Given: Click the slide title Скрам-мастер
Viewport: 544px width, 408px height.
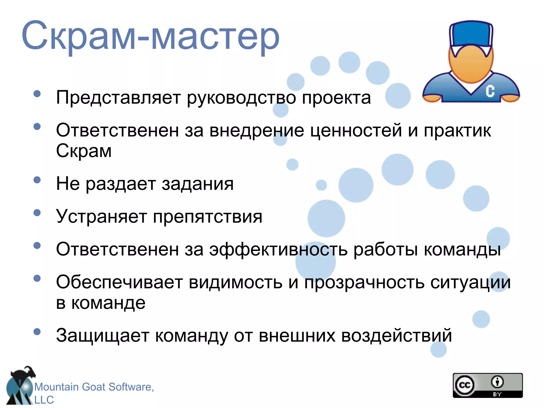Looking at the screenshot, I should (150, 36).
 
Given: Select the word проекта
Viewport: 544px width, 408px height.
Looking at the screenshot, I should (336, 98).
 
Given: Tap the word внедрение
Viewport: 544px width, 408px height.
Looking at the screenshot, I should (257, 130).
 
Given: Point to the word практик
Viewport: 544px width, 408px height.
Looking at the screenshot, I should (457, 130).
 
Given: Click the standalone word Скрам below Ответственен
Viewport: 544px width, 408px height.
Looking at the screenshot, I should (84, 151).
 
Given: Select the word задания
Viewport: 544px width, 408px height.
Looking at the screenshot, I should (198, 184).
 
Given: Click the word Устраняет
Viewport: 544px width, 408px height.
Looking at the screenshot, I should (101, 216).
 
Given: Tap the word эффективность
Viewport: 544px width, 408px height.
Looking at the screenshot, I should (278, 249).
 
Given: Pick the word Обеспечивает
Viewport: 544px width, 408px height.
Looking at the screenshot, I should (119, 282).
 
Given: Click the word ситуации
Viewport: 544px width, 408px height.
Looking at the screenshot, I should (470, 282).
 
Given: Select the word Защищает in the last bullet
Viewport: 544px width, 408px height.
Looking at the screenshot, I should (103, 335).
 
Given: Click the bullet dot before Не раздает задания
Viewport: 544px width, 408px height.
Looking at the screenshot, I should (37, 180).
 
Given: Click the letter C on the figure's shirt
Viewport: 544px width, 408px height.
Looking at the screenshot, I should (490, 91).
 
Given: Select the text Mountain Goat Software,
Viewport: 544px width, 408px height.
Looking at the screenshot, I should (94, 387).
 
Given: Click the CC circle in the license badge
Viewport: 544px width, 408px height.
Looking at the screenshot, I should (465, 385).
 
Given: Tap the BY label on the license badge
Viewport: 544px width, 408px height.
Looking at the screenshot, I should (497, 394).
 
